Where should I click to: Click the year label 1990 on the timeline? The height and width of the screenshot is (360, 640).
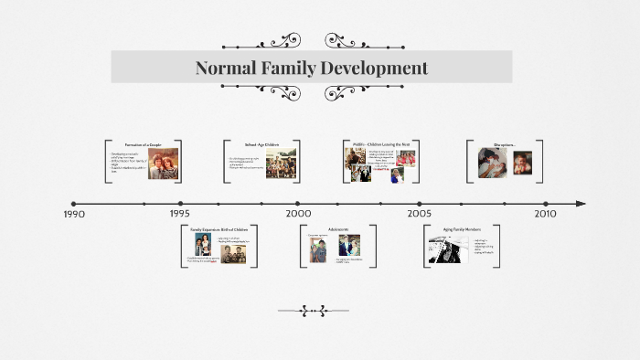pyautogui.click(x=74, y=214)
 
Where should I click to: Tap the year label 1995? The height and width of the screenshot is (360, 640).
pyautogui.click(x=179, y=214)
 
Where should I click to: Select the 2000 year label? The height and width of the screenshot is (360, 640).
pyautogui.click(x=298, y=214)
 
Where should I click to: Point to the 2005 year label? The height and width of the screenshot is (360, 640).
pyautogui.click(x=420, y=214)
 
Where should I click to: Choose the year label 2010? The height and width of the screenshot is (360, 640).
pyautogui.click(x=545, y=214)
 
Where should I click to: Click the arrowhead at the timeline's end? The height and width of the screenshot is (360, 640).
pyautogui.click(x=581, y=204)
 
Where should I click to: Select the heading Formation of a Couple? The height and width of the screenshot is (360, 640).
pyautogui.click(x=144, y=145)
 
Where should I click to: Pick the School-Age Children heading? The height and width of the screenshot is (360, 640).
pyautogui.click(x=261, y=145)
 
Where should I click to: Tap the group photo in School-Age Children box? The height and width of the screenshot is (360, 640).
pyautogui.click(x=281, y=164)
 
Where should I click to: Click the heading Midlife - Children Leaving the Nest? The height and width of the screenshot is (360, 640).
pyautogui.click(x=383, y=144)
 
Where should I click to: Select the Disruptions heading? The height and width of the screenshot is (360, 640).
pyautogui.click(x=505, y=145)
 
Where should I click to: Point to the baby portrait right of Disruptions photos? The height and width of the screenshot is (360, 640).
pyautogui.click(x=522, y=163)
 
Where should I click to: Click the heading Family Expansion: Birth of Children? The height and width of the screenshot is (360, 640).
pyautogui.click(x=219, y=229)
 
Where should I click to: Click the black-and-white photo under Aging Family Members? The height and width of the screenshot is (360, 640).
pyautogui.click(x=447, y=249)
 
